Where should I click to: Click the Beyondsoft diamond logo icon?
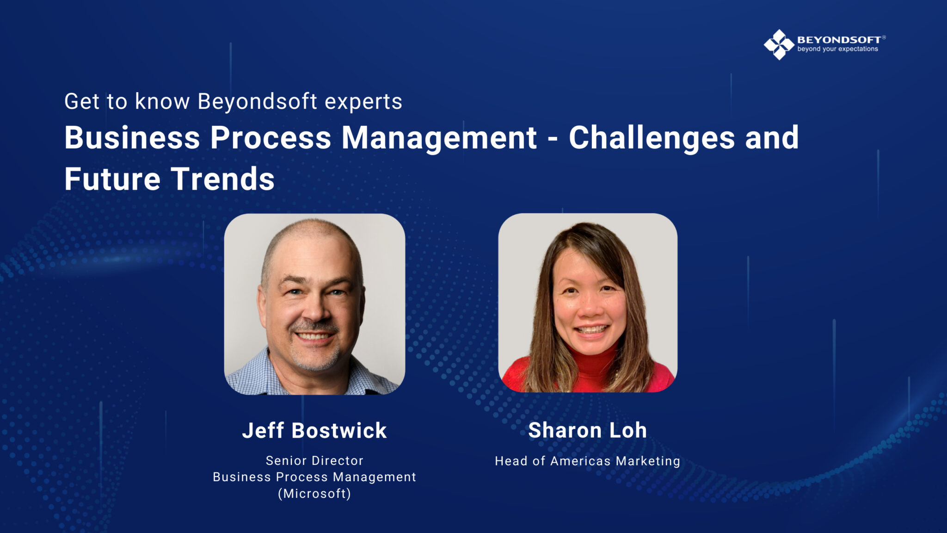click(779, 44)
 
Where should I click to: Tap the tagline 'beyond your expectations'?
click(837, 49)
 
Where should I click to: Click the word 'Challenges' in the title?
click(652, 138)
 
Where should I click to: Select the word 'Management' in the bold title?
click(439, 138)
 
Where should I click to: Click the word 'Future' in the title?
click(112, 179)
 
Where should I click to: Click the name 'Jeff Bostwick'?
click(314, 430)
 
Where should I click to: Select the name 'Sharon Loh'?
click(587, 430)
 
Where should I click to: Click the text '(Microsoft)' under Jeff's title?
click(314, 494)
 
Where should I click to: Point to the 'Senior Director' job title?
click(314, 461)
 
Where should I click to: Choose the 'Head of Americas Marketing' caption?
click(587, 461)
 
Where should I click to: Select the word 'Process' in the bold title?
click(271, 138)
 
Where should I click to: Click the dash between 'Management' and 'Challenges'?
click(553, 138)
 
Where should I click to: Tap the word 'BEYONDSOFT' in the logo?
click(839, 40)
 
